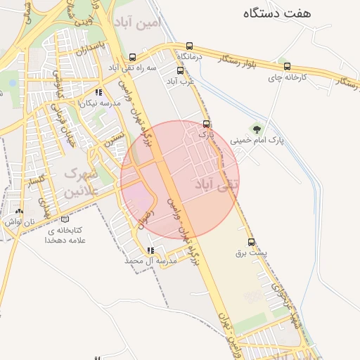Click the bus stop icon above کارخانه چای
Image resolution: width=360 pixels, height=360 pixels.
283,66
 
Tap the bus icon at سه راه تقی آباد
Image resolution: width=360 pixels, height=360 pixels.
133,57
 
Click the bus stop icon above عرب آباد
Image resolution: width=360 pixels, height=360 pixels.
180,70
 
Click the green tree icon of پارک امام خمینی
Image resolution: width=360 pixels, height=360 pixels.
257,129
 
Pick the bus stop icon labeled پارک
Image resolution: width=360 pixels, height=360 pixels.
205,123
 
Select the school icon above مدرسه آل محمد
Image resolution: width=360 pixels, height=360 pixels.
150,250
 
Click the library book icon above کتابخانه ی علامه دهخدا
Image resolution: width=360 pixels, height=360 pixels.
65,219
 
